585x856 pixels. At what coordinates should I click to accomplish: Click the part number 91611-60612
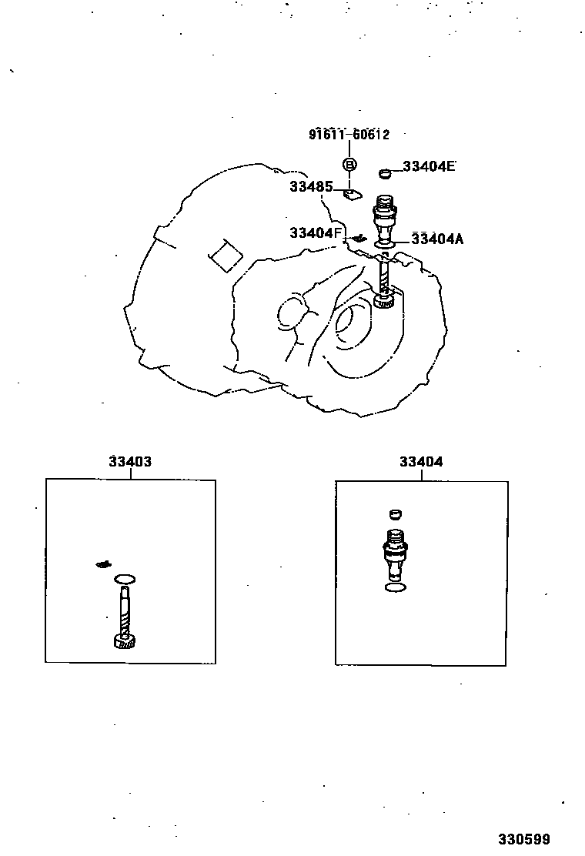coord(349,135)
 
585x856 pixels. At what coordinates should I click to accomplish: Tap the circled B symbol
coord(349,164)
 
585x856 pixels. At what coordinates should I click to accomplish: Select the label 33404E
coord(429,166)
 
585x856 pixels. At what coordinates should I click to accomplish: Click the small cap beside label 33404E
coord(386,172)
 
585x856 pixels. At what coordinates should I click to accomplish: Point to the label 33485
coord(311,186)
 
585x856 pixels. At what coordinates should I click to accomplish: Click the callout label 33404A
coord(437,239)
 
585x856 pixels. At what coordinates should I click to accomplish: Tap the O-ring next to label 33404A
coord(385,245)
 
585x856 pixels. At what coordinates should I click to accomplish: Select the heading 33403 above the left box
coord(130,462)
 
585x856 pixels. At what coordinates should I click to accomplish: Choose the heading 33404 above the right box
coord(421,462)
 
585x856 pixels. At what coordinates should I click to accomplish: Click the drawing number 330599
coord(523,838)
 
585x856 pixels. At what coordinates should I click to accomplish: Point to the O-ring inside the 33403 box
coord(125,578)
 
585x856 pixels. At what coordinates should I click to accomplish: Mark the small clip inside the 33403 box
coord(103,564)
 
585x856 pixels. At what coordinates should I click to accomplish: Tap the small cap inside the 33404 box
coord(395,514)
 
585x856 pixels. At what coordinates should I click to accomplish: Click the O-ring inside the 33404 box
coord(395,588)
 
